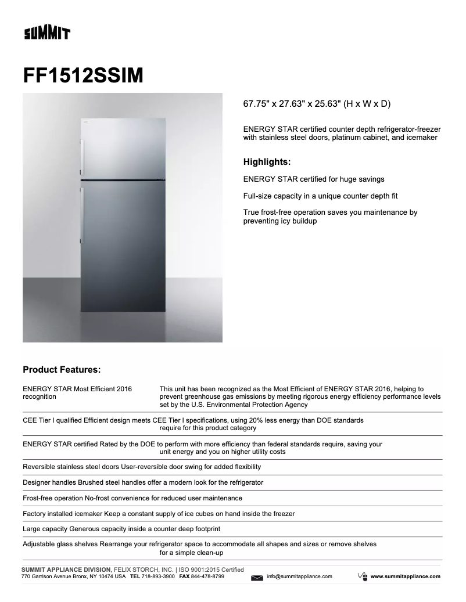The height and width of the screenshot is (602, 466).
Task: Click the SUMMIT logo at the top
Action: pyautogui.click(x=46, y=34)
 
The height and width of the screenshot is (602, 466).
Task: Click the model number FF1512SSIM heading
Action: pyautogui.click(x=83, y=75)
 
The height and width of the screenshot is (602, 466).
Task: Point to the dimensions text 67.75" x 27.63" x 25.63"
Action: pyautogui.click(x=317, y=104)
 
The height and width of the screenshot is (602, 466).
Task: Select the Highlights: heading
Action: pyautogui.click(x=267, y=162)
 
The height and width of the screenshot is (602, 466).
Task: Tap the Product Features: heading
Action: pyautogui.click(x=62, y=369)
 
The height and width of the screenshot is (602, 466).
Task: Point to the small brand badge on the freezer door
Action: pyautogui.click(x=84, y=122)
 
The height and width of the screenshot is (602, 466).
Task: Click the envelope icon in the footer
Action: pyautogui.click(x=257, y=577)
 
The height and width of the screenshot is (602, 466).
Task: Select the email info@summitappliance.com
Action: pyautogui.click(x=299, y=576)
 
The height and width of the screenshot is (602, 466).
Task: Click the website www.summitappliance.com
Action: pyautogui.click(x=405, y=576)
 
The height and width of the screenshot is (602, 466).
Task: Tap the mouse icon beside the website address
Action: pyautogui.click(x=362, y=576)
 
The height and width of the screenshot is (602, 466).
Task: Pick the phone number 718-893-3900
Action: pyautogui.click(x=159, y=576)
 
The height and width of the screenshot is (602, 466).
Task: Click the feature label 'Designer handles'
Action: pyautogui.click(x=49, y=482)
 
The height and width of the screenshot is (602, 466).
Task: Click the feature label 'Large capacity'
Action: pyautogui.click(x=45, y=529)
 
